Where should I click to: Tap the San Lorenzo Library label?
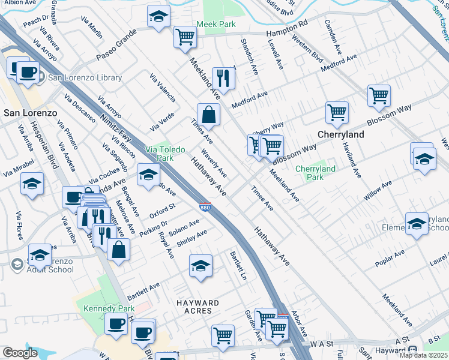[85, 77]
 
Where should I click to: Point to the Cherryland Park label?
[315, 173]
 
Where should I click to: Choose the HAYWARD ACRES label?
[193, 307]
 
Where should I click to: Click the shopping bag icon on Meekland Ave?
[208, 114]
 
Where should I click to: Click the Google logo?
[20, 353]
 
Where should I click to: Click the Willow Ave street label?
[378, 190]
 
